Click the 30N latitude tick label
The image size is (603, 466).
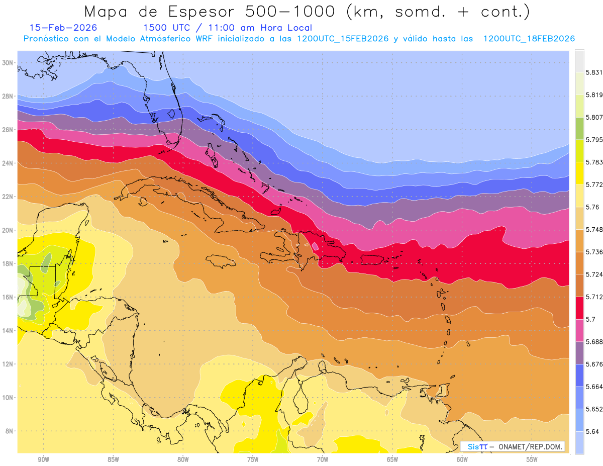(x=8, y=63)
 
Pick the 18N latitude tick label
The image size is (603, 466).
(x=8, y=263)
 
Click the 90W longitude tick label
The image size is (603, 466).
(x=43, y=459)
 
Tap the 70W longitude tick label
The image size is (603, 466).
(x=323, y=459)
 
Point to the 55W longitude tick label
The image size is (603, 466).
(x=532, y=459)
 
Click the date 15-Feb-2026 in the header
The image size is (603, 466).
(x=63, y=28)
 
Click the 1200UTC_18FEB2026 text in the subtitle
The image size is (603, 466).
(x=529, y=39)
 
